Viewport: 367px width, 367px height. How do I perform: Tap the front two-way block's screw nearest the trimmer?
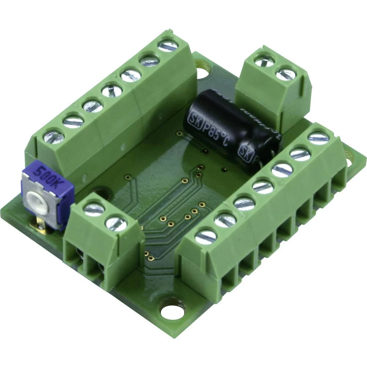click(94, 209)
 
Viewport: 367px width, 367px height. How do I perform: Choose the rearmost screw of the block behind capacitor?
click(265, 61)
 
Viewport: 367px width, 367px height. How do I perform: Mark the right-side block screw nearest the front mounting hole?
click(206, 237)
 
